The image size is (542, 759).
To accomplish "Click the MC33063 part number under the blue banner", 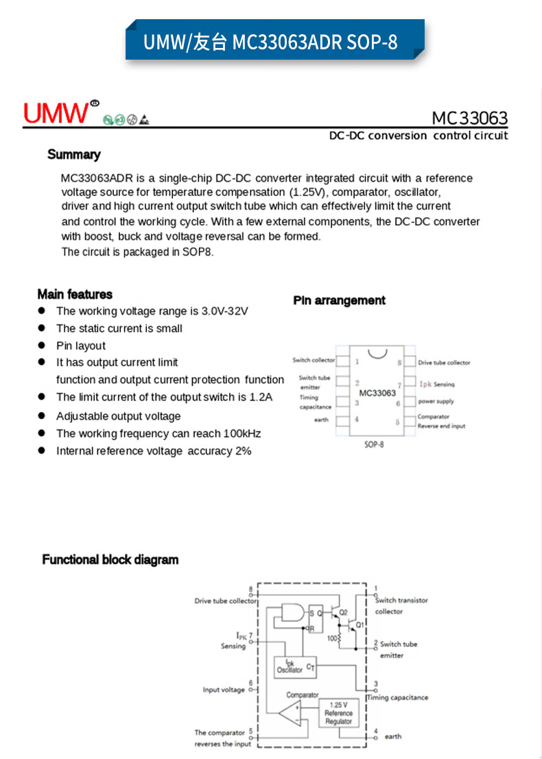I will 469,118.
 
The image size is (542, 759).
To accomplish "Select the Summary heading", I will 73,154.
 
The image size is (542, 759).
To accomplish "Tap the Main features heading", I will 75,294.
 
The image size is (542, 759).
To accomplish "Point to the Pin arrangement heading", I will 339,300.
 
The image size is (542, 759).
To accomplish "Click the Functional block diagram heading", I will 110,559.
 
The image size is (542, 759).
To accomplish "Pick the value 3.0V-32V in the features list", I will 224,311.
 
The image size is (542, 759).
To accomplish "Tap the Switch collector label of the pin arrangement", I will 314,360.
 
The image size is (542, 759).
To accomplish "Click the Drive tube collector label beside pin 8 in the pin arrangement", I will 445,363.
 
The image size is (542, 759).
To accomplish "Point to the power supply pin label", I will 436,401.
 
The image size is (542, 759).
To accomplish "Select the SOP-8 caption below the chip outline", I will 373,445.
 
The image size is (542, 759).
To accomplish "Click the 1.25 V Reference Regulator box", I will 338,713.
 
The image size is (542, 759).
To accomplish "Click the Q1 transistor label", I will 360,625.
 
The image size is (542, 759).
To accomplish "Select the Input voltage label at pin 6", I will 224,690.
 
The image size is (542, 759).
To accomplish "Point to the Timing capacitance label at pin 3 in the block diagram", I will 398,697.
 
